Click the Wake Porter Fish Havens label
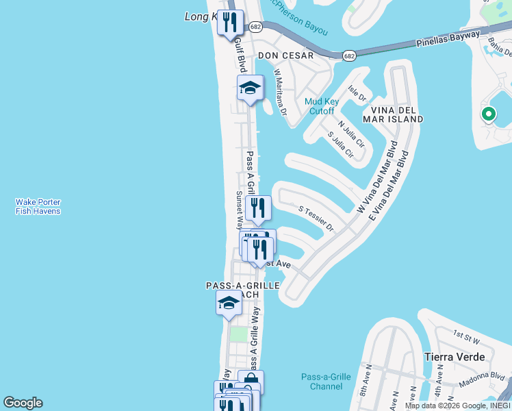38,206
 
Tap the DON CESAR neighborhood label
285,55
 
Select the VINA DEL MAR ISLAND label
396,114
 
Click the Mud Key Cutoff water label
319,105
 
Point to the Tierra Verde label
455,357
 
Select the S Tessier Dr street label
316,217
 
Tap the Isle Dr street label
357,92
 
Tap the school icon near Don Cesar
250,88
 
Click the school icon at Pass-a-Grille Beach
229,303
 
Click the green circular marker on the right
488,114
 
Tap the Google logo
23,403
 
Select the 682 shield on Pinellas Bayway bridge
349,55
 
